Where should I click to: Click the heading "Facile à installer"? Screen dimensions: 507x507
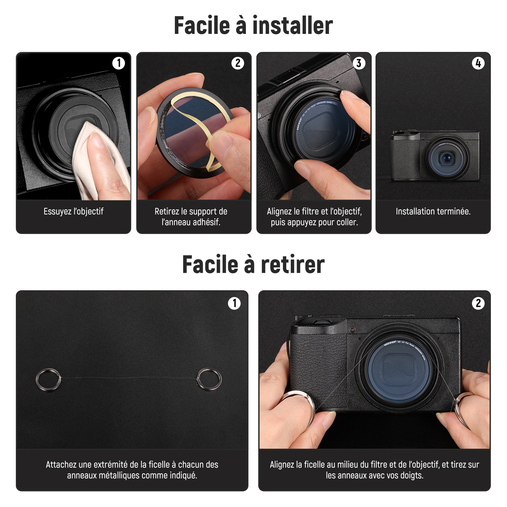[253, 25]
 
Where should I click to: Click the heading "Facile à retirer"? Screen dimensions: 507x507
[253, 264]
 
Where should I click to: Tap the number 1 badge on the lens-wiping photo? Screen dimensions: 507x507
[119, 63]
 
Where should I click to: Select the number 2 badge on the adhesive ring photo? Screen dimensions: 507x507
[238, 63]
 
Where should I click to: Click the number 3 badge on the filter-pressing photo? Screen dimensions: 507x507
[359, 63]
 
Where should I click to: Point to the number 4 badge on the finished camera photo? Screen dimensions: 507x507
[478, 63]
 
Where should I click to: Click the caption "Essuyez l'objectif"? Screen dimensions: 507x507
[74, 211]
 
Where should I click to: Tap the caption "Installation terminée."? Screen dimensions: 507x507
[433, 211]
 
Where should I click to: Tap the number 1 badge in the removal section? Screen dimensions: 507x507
[234, 303]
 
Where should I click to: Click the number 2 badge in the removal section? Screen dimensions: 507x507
[478, 303]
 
